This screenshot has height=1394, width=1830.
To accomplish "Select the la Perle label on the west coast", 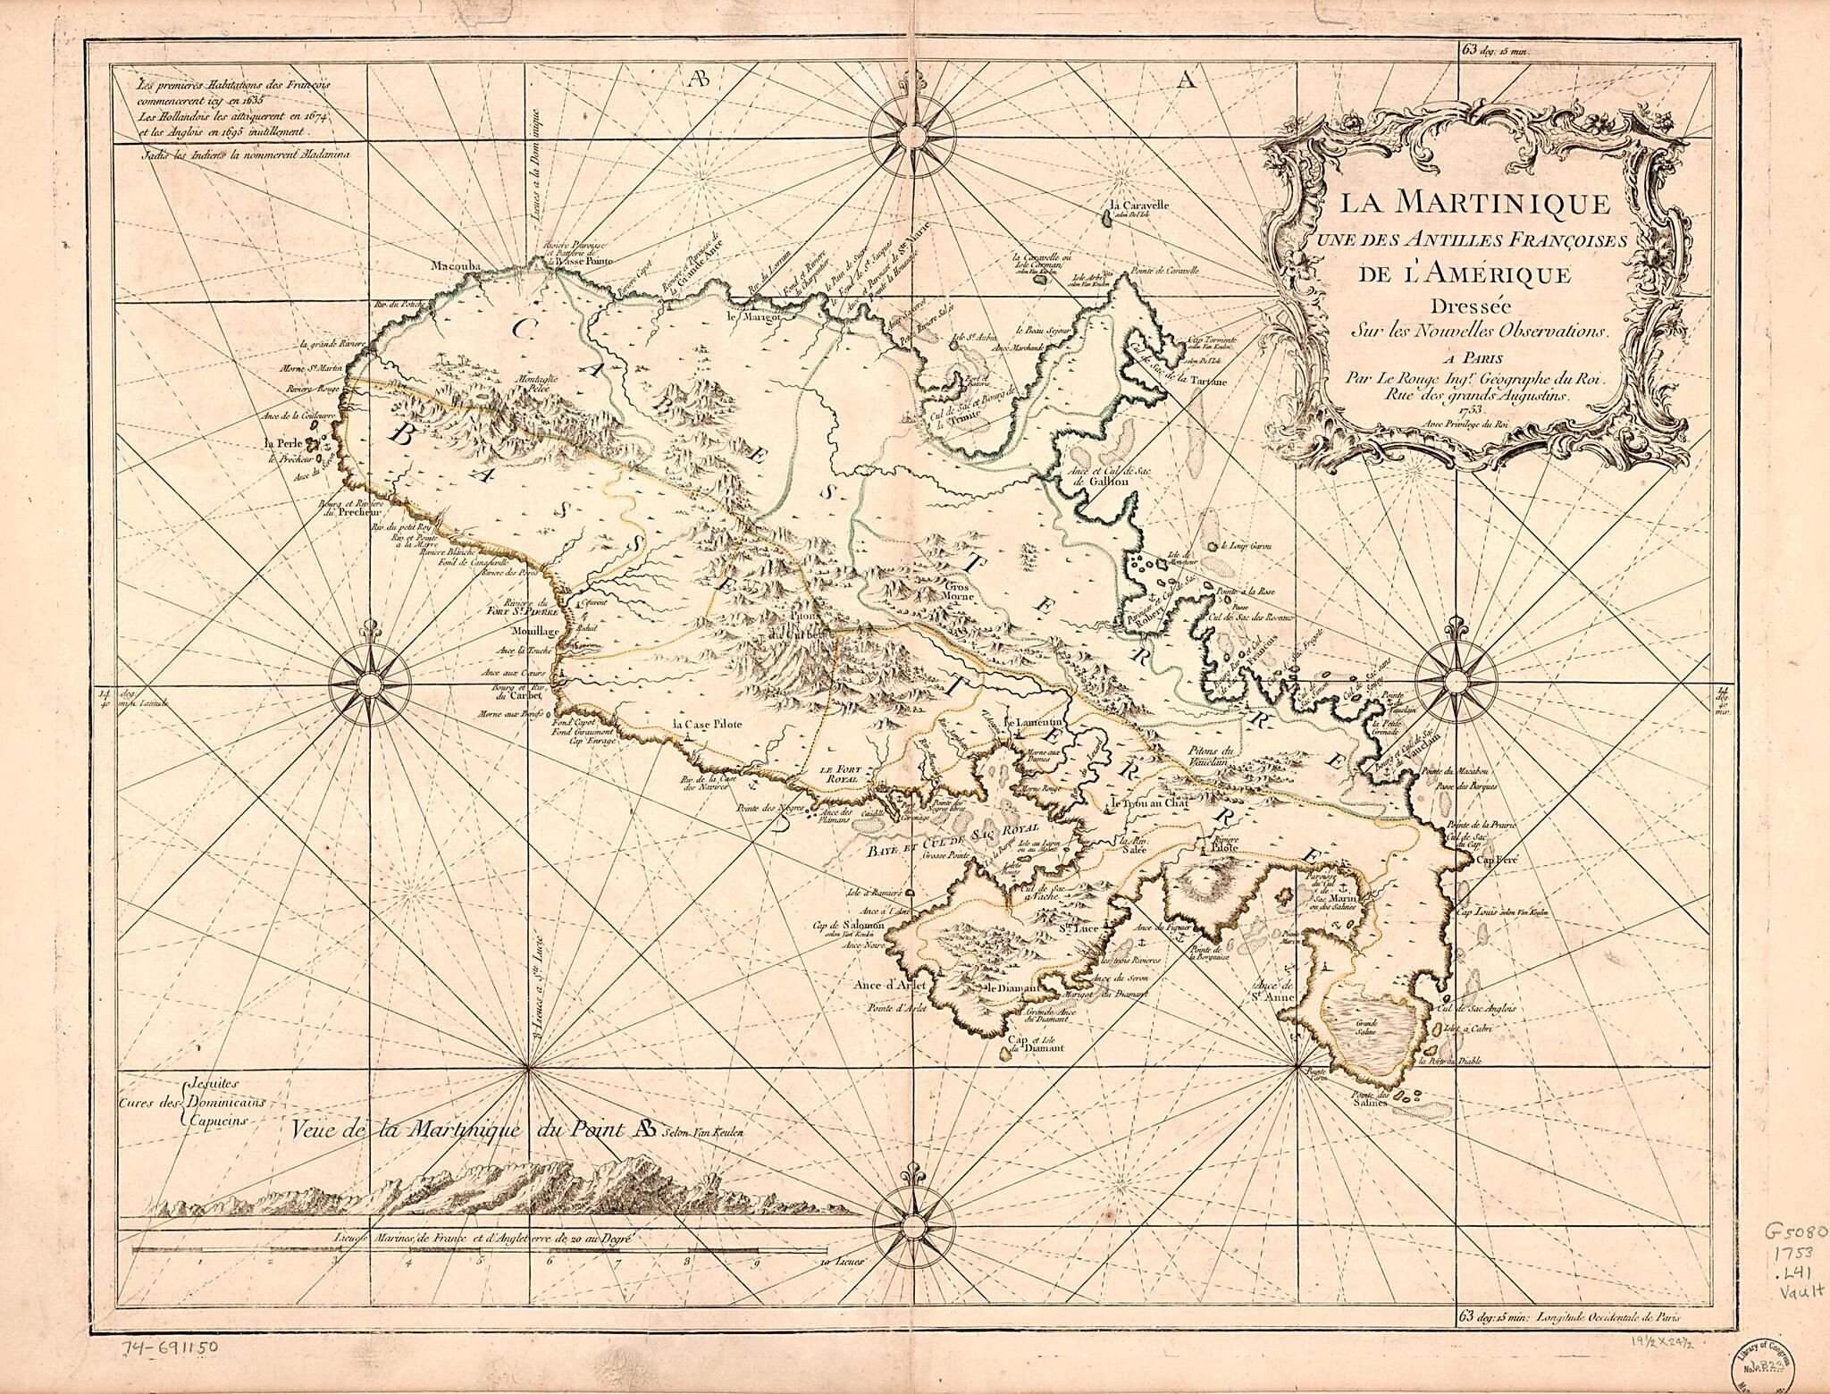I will pyautogui.click(x=280, y=442).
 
